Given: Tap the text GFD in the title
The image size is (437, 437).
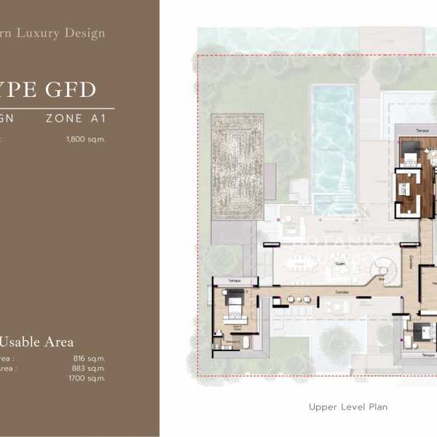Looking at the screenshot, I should (66, 90).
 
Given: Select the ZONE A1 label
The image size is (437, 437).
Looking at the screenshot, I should (76, 118).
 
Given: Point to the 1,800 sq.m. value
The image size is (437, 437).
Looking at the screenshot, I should (85, 138).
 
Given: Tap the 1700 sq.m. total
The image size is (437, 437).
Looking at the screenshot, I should (87, 378).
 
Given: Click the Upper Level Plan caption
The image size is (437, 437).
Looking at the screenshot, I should (348, 407).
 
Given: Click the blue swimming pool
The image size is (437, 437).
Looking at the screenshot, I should (333, 142).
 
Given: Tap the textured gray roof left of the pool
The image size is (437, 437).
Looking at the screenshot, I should (237, 166).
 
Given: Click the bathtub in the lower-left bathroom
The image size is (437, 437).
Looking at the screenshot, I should (245, 342).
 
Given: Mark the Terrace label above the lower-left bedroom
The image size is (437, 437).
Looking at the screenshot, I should (234, 280).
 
